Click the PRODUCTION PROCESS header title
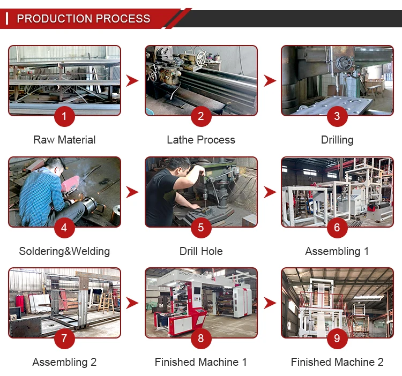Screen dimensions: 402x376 click(x=84, y=19)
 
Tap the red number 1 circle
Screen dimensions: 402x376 click(x=64, y=116)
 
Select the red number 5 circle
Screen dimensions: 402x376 click(x=201, y=228)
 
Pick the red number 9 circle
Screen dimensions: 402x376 click(x=337, y=339)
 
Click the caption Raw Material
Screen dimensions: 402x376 click(x=64, y=140)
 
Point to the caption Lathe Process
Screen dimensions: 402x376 click(x=201, y=140)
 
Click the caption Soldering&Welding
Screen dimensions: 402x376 click(x=64, y=251)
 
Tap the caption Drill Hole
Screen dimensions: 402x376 click(x=201, y=251)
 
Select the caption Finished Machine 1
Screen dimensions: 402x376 click(x=201, y=362)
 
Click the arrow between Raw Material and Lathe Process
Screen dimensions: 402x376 click(x=132, y=81)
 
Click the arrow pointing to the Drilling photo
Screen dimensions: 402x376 click(x=270, y=81)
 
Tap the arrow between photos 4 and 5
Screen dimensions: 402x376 click(x=132, y=192)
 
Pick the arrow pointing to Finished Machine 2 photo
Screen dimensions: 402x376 click(x=270, y=303)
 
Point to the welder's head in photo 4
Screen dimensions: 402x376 click(x=54, y=165)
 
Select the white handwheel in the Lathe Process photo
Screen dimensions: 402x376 click(x=200, y=58)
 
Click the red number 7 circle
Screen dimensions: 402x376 click(x=64, y=339)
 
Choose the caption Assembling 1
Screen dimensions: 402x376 click(x=337, y=251)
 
